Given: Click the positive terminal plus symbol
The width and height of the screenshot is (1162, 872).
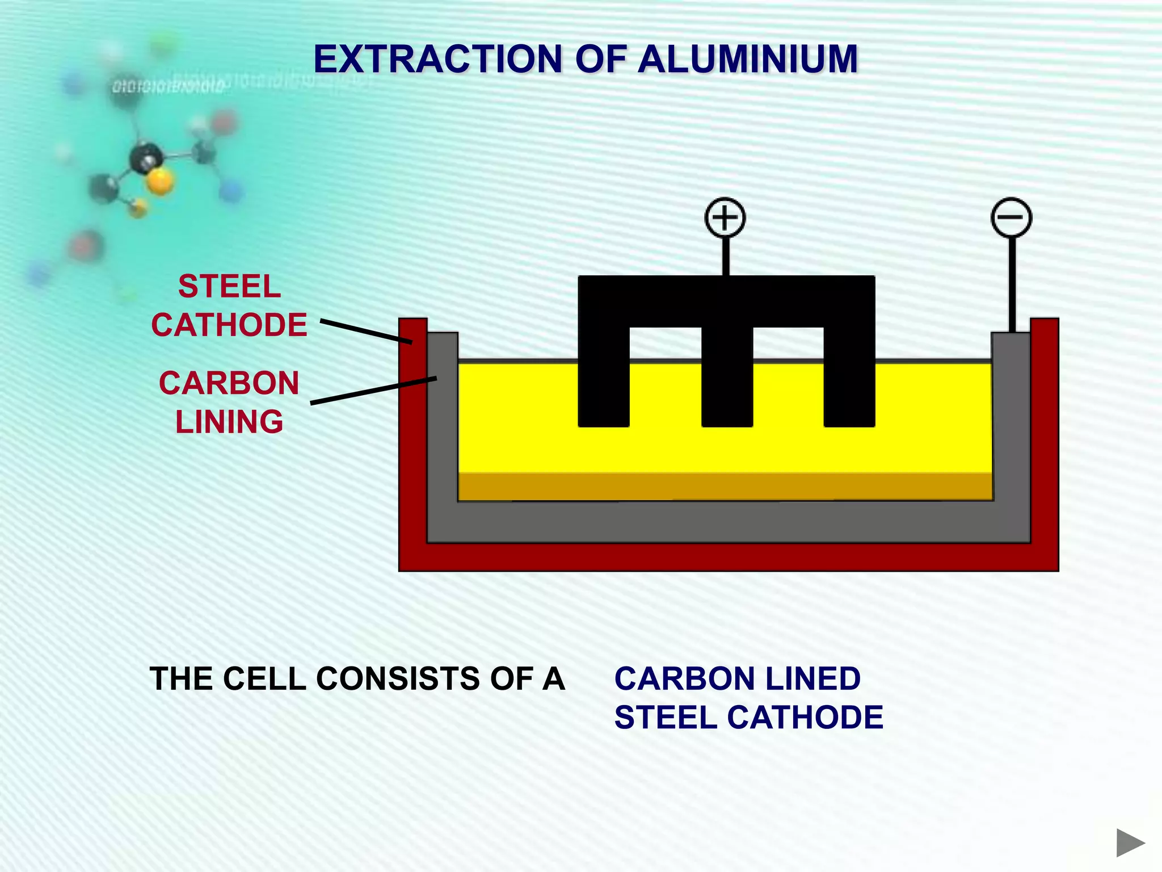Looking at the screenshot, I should click(x=725, y=217).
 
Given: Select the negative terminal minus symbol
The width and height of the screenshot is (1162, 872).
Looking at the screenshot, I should click(x=1011, y=217).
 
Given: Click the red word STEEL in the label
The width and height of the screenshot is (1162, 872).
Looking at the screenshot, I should click(x=229, y=286).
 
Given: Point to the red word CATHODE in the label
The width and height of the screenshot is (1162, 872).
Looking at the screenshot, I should click(x=229, y=325).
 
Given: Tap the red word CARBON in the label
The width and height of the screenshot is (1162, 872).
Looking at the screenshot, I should click(x=229, y=383).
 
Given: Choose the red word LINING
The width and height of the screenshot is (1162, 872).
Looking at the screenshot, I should click(x=229, y=422).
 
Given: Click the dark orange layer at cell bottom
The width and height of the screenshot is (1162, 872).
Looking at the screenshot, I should click(x=725, y=487).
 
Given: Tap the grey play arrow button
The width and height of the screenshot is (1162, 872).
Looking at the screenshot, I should click(x=1130, y=842).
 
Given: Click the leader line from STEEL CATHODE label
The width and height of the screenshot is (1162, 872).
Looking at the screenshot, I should click(x=366, y=332).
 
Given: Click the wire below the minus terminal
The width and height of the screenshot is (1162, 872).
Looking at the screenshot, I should click(x=1012, y=284).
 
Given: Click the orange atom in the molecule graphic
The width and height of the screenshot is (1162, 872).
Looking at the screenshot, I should click(x=160, y=182).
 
